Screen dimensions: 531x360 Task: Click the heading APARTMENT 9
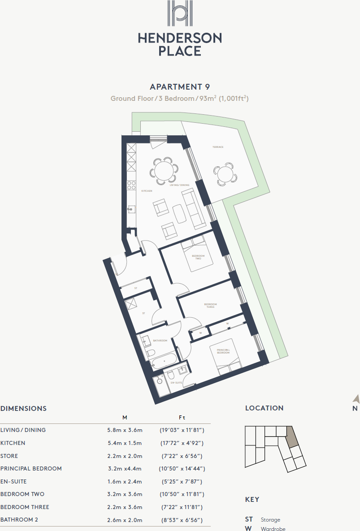point(180,87)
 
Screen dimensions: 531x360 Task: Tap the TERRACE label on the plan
point(218,147)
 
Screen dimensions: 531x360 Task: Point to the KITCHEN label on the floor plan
point(147,191)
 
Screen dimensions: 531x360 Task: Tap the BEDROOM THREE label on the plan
point(210,306)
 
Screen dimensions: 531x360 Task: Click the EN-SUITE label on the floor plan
point(176,383)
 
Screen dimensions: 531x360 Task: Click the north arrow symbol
point(356,399)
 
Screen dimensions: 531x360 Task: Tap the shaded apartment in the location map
point(292,436)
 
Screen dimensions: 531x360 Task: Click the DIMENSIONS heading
point(23,409)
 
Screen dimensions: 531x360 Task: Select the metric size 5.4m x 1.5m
point(125,443)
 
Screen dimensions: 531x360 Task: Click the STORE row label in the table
point(9,456)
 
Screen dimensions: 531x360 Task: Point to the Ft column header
point(182,418)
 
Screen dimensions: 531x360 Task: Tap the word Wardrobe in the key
point(273,529)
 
